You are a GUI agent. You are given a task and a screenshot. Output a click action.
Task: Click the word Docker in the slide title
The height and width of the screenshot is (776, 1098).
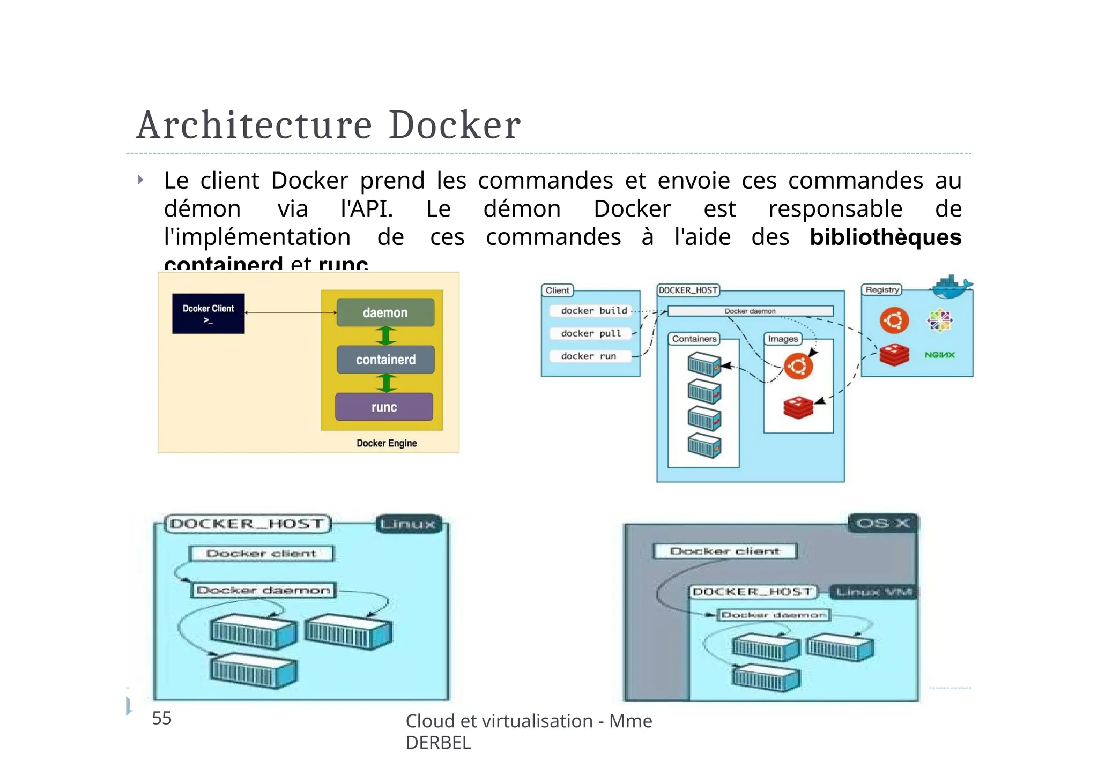(x=454, y=125)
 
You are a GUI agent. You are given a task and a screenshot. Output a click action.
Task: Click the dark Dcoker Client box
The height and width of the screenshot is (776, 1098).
(x=208, y=314)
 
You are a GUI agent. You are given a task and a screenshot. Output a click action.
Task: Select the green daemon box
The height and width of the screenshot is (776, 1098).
(x=385, y=312)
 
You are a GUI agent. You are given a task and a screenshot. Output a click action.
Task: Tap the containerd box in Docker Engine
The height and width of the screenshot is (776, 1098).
(x=385, y=360)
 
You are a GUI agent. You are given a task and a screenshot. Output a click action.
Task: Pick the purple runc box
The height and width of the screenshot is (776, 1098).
(x=384, y=407)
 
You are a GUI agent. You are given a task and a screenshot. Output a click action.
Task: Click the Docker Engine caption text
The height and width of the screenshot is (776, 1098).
(x=387, y=443)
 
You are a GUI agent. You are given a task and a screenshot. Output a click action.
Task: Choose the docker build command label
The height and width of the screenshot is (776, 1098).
(x=593, y=311)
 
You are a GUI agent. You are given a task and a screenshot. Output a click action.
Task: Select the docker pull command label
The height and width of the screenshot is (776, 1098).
(x=591, y=333)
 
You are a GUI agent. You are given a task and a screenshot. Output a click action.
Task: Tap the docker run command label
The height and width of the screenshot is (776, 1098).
(x=588, y=356)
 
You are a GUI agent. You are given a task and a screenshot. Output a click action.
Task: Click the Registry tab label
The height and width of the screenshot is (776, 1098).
(x=882, y=290)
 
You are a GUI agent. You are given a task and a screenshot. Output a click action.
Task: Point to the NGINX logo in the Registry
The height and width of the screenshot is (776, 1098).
(x=939, y=355)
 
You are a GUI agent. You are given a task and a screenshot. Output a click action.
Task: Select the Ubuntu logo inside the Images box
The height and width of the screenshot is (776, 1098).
(x=798, y=367)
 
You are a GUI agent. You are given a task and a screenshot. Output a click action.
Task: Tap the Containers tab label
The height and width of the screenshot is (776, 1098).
(x=694, y=339)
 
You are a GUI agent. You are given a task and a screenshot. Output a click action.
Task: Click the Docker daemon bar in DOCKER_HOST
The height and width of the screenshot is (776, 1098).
(x=750, y=311)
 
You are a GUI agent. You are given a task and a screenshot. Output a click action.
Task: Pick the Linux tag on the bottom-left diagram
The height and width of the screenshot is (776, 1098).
(x=409, y=524)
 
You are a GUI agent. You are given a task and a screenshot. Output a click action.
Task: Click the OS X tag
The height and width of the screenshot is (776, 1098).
(x=882, y=523)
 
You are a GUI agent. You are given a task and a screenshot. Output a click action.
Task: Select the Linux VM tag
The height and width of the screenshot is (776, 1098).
(x=873, y=592)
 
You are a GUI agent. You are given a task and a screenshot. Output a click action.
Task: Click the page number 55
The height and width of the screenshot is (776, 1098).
(x=161, y=718)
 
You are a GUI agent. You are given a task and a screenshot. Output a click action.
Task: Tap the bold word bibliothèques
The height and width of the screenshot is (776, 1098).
(x=885, y=237)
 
